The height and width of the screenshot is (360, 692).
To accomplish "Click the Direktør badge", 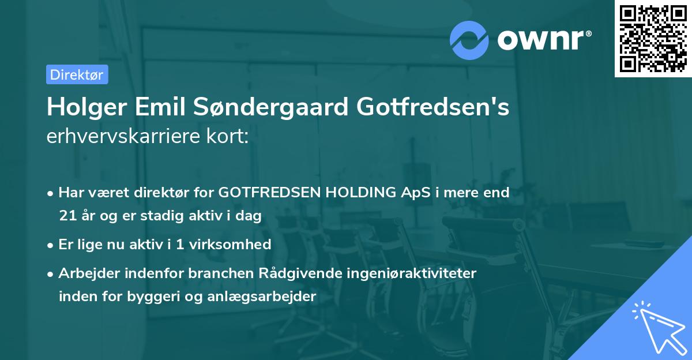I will (x=77, y=74).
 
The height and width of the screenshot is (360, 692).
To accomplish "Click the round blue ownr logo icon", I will (x=469, y=40).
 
